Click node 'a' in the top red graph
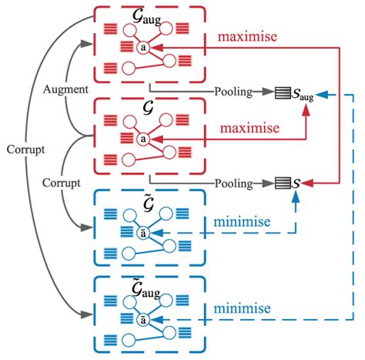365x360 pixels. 142,47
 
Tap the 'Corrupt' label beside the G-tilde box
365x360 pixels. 58,183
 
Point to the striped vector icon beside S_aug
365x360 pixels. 283,92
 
